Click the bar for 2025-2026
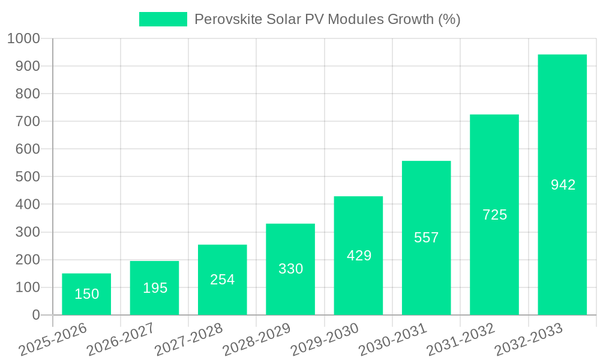(86, 294)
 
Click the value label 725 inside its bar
(494, 215)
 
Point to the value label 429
(359, 256)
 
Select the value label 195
(155, 288)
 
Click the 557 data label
(427, 238)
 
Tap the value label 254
(223, 280)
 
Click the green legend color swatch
(163, 19)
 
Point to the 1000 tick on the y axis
(23, 38)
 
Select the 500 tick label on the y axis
(28, 177)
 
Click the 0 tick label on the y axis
(35, 315)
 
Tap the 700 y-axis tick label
(28, 121)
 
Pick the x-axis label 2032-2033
(529, 339)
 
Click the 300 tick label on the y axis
(28, 232)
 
